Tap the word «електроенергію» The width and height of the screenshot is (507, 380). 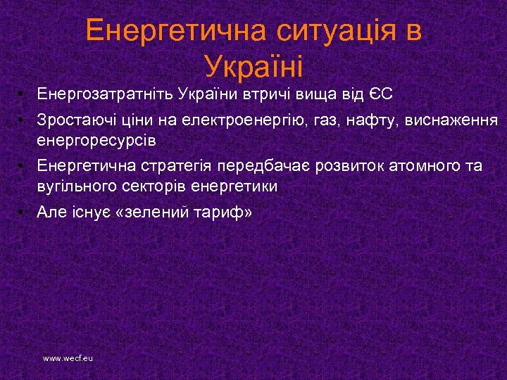pos(237,120)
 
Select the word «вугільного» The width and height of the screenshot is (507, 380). pos(75,186)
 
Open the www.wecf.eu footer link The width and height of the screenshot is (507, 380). pos(68,358)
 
